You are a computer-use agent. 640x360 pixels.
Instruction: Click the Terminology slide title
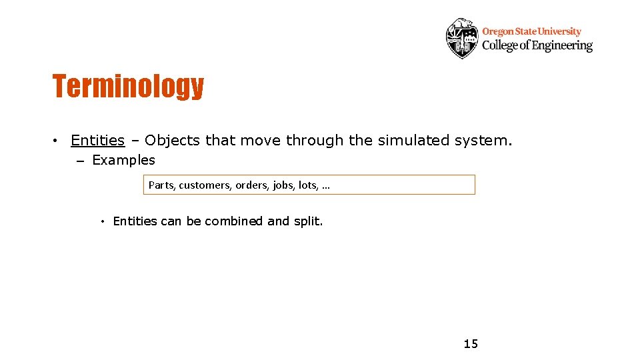(128, 86)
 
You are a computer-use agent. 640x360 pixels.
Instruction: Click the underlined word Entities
(97, 141)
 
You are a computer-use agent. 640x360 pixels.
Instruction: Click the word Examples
(123, 160)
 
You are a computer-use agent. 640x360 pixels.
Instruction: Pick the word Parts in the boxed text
(161, 185)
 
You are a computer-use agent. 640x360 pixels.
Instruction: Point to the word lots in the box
(307, 185)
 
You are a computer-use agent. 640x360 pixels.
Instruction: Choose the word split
(308, 221)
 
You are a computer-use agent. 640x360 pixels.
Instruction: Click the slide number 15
(471, 344)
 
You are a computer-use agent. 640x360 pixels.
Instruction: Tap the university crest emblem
(462, 38)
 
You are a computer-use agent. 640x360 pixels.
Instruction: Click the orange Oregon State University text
(531, 31)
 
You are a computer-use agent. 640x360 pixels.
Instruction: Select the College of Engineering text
(537, 45)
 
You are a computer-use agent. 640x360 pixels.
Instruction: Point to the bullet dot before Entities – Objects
(58, 141)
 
